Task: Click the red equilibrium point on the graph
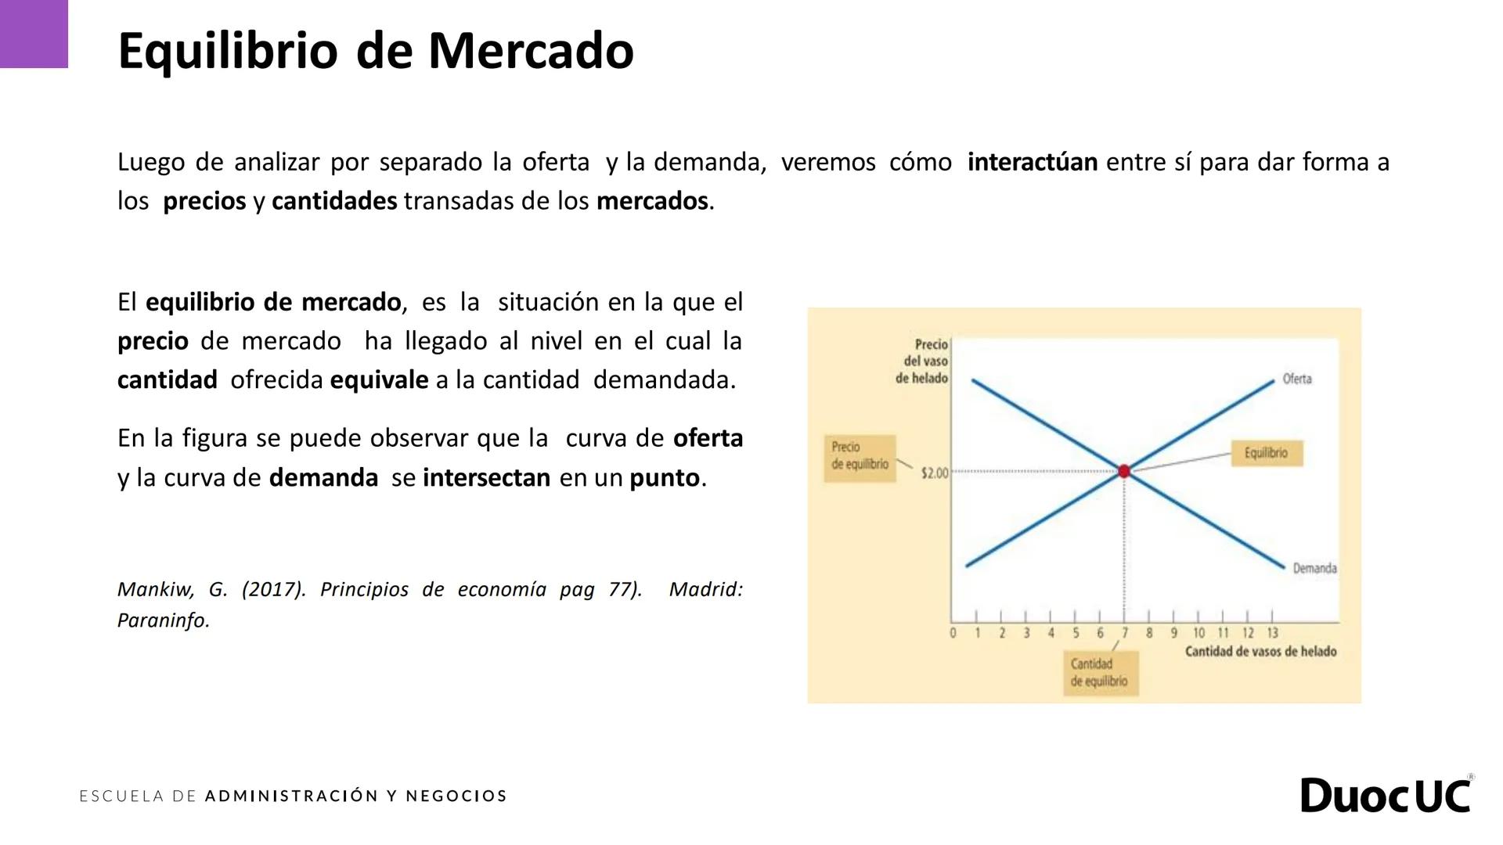[1124, 471]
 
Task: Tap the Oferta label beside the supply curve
[1296, 379]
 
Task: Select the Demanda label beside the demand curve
[1314, 568]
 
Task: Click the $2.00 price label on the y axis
[934, 473]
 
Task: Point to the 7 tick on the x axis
[1125, 633]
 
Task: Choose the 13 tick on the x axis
[1272, 633]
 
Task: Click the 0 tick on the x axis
[953, 633]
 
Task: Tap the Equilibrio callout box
[1266, 453]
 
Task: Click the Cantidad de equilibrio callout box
[1099, 673]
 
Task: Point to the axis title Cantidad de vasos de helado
[1260, 652]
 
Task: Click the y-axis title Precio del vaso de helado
[923, 361]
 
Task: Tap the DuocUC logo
[1386, 796]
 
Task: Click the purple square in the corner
[34, 34]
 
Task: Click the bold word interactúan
[1032, 163]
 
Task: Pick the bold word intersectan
[486, 478]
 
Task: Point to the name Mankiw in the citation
[155, 590]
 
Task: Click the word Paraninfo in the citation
[163, 621]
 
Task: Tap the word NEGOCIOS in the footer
[456, 796]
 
